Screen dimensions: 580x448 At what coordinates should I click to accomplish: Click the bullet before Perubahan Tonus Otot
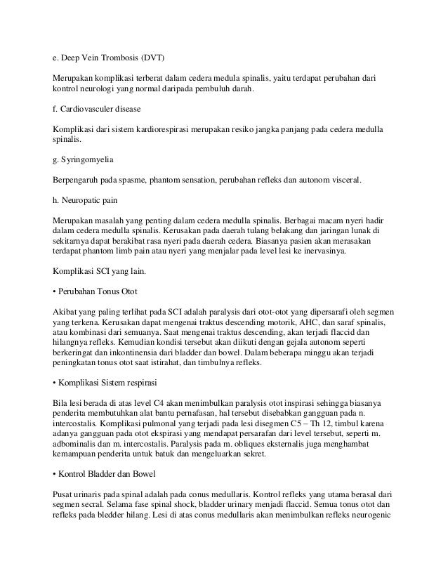[x=55, y=290]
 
